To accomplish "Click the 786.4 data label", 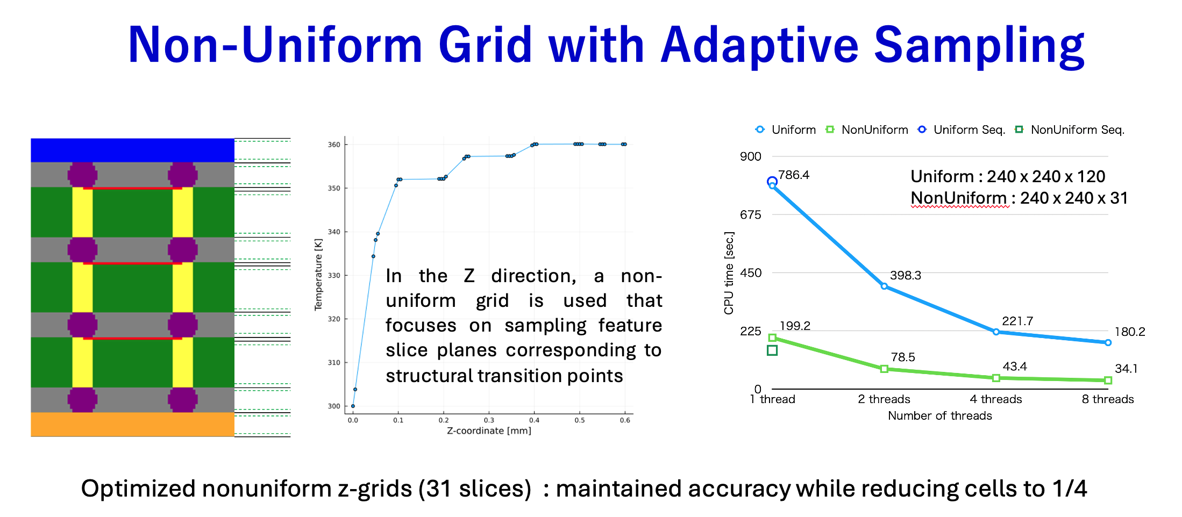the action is click(794, 175).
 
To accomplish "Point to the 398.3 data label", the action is click(906, 275).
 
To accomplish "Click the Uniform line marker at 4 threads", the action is click(996, 332).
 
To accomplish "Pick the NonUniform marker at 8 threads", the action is click(1108, 380).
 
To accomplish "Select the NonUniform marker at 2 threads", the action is click(884, 369).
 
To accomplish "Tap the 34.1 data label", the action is click(1126, 369).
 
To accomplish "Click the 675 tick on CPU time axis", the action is click(751, 215).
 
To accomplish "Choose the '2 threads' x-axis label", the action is click(884, 399).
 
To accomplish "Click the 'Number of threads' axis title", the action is click(940, 415).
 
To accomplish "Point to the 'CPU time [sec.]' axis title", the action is click(729, 273).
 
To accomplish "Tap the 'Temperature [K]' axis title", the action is click(318, 275).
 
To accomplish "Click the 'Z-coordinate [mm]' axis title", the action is click(489, 430).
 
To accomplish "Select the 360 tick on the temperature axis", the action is click(334, 145).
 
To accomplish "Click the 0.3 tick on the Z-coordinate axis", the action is click(489, 420).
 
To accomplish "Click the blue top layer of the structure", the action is click(132, 150).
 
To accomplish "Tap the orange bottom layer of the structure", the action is click(132, 425).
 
